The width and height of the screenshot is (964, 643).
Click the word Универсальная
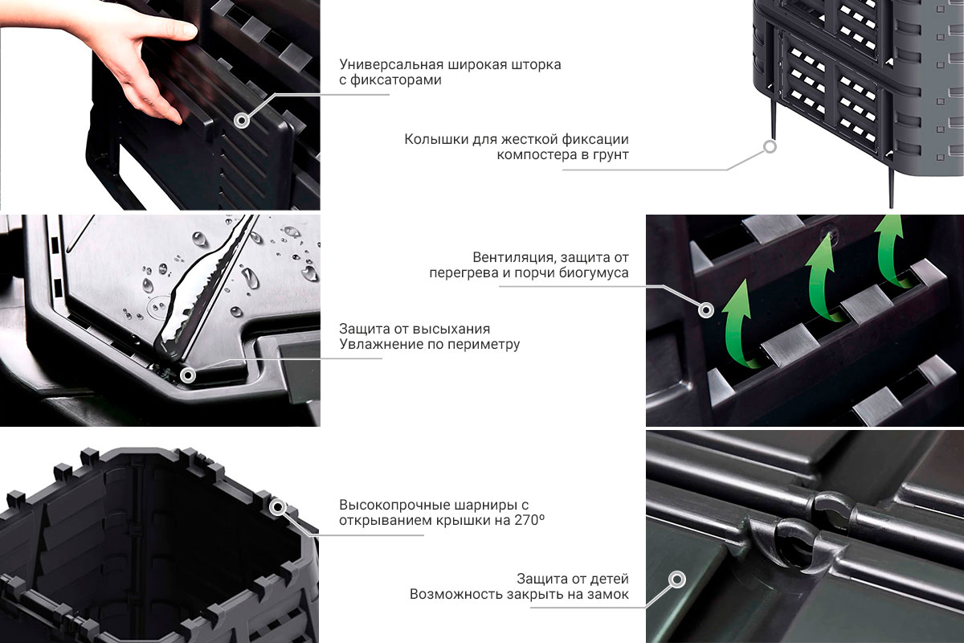coord(391,64)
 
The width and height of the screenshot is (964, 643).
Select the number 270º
coord(529,520)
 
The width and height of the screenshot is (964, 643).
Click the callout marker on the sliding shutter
coord(243,120)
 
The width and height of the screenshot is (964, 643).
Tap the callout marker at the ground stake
coord(770,147)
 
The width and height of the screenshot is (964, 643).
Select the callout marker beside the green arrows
coord(706,309)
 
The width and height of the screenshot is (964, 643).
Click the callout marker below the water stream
coord(188,375)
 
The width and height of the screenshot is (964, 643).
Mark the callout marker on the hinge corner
coord(278,507)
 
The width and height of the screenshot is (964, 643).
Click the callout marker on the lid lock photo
coord(677,580)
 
